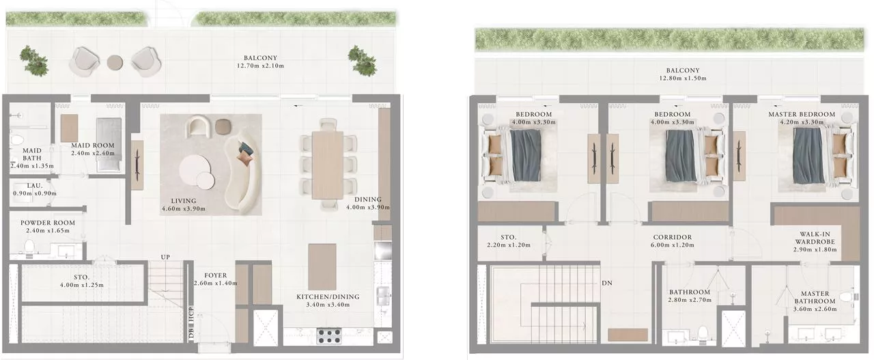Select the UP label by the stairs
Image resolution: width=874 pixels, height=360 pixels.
pos(165,256)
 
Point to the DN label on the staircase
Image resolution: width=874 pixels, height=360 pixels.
pos(606,283)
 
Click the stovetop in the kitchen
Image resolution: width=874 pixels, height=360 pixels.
pos(330,336)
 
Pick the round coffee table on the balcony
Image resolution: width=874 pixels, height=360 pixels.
pos(115,62)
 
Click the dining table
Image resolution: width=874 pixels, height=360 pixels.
pos(328,164)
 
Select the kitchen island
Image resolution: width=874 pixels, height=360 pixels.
pos(322,266)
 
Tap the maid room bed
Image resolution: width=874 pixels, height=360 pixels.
pos(108,144)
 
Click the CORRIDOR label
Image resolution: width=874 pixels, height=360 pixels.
pos(672,238)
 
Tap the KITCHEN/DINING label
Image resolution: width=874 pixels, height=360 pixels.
pos(327,296)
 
